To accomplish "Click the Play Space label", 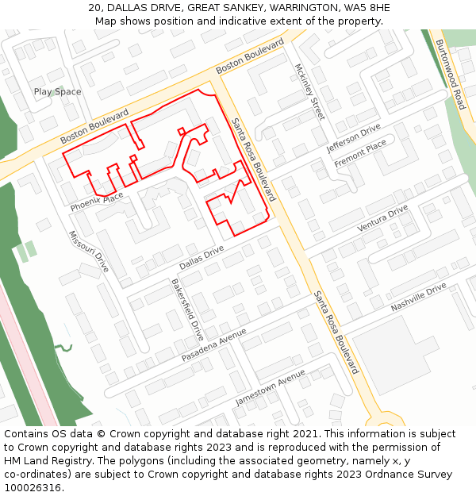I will (x=57, y=92).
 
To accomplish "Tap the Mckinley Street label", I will (x=309, y=91).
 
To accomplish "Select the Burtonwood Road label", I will (x=449, y=75).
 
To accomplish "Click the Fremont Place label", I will (x=360, y=153).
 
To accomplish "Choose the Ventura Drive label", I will (x=382, y=217).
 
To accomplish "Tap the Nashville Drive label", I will (x=419, y=297).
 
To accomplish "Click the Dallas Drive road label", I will (x=202, y=256).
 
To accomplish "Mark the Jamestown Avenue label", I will (x=271, y=386).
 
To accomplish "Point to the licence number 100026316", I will (x=33, y=487).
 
